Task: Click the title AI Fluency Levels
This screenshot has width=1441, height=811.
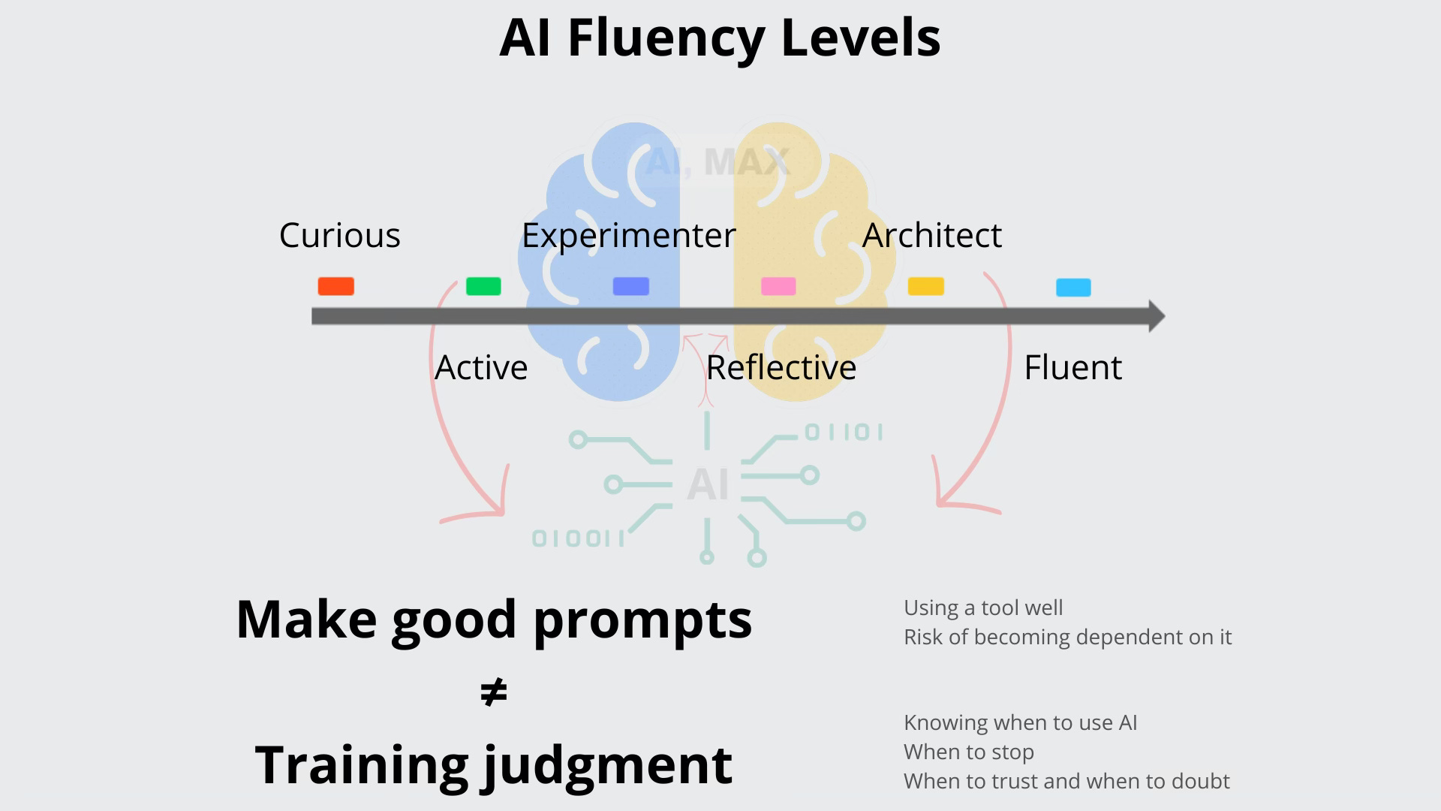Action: tap(720, 38)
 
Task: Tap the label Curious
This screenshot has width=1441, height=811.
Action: tap(339, 236)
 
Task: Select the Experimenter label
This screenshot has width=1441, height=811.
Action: tap(628, 236)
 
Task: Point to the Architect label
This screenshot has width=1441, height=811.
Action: tap(931, 236)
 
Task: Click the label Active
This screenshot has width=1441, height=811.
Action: tap(481, 368)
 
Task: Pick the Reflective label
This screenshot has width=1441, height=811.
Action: tap(781, 368)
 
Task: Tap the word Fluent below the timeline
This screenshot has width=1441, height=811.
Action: tap(1072, 368)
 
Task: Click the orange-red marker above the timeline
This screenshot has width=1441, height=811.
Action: tap(335, 286)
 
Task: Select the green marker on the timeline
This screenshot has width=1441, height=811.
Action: tap(483, 286)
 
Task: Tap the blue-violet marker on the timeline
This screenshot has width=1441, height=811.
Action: tap(630, 286)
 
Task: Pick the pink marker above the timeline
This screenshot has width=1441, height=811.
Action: tap(778, 286)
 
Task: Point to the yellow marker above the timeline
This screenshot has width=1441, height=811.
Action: tap(925, 286)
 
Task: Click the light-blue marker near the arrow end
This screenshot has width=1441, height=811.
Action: tap(1073, 287)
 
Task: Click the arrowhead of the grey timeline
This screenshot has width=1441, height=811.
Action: tap(1156, 316)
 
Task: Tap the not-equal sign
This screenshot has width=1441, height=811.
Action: tap(493, 692)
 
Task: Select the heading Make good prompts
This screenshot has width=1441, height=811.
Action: tap(494, 620)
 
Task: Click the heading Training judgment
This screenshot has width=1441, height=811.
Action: tap(493, 764)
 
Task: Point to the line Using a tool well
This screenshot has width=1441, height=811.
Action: tap(982, 607)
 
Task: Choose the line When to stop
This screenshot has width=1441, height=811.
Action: tap(968, 752)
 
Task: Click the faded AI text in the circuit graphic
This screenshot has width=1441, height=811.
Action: tap(708, 484)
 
